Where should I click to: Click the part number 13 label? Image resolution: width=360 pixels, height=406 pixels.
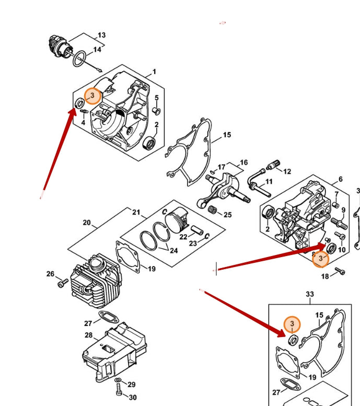101,35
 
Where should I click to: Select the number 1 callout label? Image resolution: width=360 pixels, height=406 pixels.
154,72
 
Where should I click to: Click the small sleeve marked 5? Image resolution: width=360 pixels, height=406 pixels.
157,111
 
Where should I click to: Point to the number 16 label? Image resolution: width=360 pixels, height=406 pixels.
243,163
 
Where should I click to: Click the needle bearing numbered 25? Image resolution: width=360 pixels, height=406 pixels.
212,208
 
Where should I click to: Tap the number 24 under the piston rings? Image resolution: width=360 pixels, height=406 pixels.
173,250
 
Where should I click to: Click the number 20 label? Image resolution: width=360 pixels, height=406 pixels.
87,223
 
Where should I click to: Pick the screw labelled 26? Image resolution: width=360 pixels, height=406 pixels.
62,283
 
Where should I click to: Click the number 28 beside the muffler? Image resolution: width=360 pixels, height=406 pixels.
88,335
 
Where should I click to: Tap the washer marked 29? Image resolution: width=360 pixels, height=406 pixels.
118,380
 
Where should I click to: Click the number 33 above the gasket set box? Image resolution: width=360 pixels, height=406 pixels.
310,294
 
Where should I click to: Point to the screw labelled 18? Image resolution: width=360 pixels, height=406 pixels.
340,271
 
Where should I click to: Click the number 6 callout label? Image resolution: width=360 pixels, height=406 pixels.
341,179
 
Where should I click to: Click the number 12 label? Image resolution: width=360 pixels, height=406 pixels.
287,171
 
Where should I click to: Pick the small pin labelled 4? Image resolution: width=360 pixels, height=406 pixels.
84,111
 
